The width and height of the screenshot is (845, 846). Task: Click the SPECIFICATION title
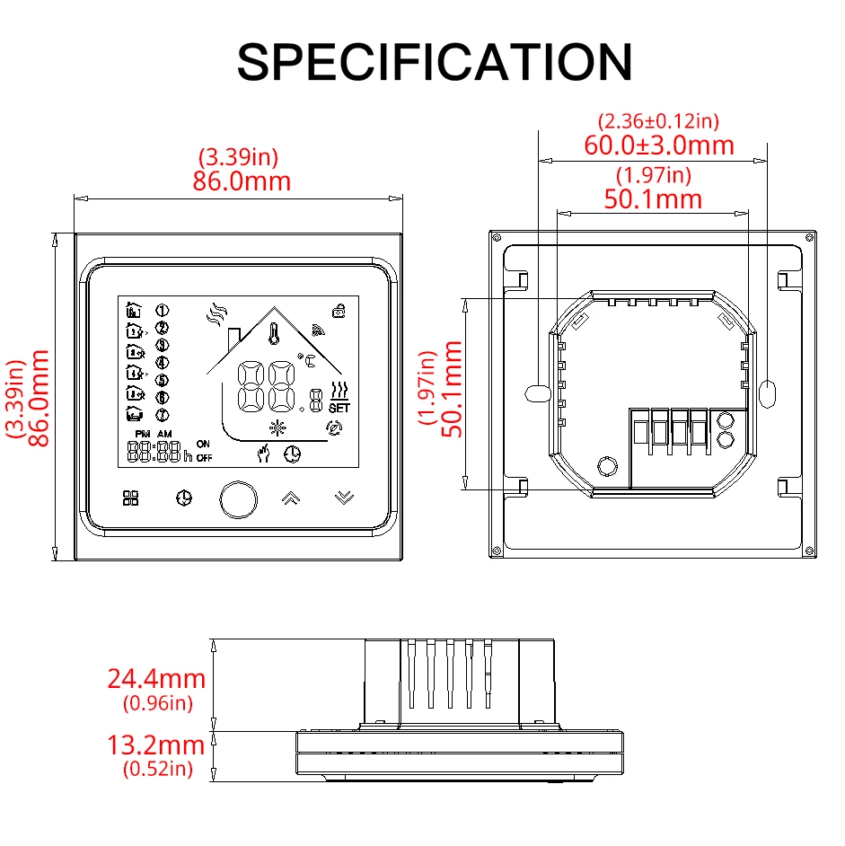[435, 62]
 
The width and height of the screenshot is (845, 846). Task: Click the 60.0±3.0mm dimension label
[659, 145]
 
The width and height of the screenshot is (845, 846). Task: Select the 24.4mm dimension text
[156, 679]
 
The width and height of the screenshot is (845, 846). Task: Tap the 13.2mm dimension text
[156, 745]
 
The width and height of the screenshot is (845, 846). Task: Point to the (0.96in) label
[157, 703]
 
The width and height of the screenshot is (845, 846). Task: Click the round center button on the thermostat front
[239, 499]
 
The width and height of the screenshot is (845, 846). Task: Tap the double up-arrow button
[291, 498]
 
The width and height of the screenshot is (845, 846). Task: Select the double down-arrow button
[344, 498]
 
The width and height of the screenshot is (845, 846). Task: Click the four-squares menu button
[130, 498]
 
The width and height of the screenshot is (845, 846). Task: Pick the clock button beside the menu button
[184, 498]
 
